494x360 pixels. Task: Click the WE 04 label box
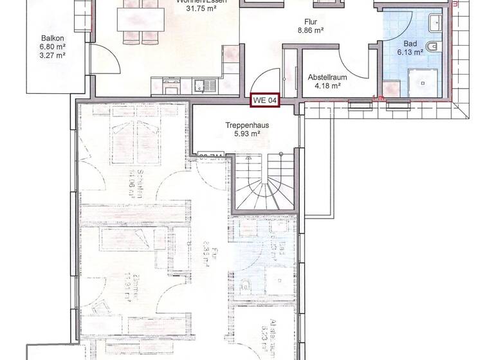[265, 100]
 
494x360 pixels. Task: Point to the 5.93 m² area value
[242, 134]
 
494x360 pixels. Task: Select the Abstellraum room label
[327, 75]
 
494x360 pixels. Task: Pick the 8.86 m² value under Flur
[310, 30]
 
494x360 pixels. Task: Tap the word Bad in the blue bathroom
[392, 43]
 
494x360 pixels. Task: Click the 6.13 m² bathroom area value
[408, 52]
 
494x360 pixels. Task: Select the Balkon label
[51, 37]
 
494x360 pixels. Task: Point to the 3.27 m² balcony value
[51, 55]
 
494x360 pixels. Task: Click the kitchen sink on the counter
[204, 84]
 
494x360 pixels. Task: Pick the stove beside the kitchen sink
[172, 84]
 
